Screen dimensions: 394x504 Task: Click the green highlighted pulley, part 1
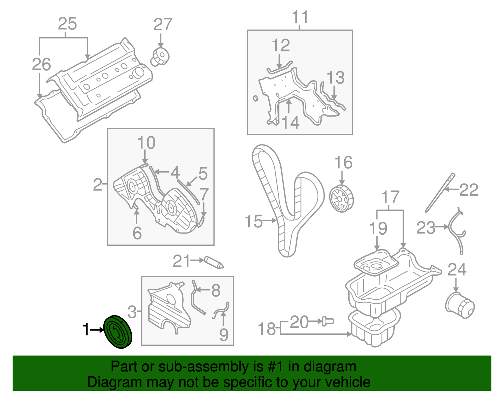(x=117, y=332)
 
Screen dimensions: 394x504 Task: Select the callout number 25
(x=67, y=24)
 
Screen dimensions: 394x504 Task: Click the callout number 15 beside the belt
(x=254, y=221)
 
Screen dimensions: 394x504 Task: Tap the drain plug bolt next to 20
(x=328, y=321)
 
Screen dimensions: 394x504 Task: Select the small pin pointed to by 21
(x=214, y=262)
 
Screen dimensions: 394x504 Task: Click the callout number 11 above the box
(x=300, y=17)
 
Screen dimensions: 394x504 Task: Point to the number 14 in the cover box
(x=290, y=123)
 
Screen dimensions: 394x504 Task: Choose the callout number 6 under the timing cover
(x=137, y=233)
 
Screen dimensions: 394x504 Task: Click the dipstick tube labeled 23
(x=456, y=230)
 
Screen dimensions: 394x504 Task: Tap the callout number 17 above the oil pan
(x=391, y=197)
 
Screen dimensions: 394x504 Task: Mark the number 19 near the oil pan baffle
(x=378, y=228)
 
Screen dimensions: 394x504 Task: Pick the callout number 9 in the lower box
(x=224, y=334)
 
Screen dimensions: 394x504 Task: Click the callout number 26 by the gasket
(x=41, y=64)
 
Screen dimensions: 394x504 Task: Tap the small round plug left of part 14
(x=255, y=98)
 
